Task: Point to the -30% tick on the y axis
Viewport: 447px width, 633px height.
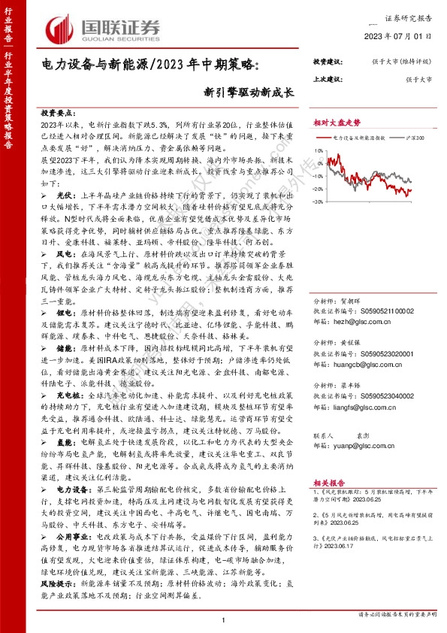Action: (x=319, y=202)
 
